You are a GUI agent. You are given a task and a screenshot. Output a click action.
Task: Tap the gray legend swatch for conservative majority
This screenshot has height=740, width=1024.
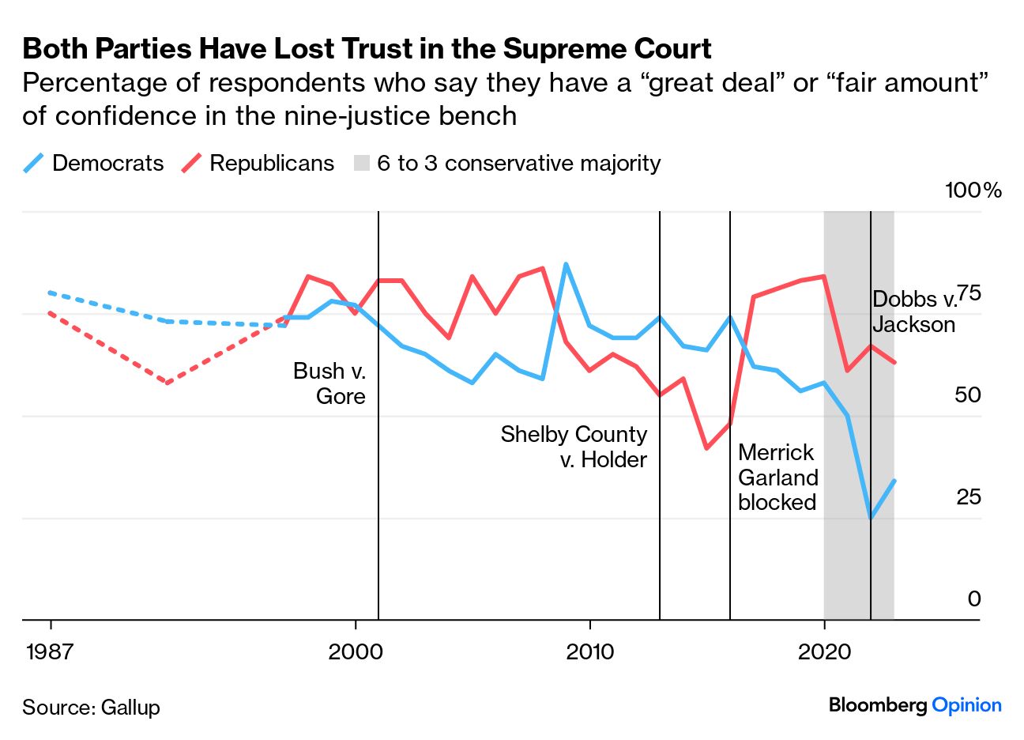[362, 164]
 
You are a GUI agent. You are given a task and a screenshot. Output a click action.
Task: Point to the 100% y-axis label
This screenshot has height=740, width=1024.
[973, 191]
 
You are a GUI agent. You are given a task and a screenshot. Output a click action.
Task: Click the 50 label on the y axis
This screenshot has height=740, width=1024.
[968, 395]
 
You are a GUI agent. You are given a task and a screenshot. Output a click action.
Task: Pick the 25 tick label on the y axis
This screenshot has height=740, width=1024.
[968, 497]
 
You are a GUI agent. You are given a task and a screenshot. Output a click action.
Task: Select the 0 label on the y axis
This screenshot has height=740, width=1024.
[974, 599]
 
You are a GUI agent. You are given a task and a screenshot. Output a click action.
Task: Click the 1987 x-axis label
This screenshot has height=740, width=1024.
[50, 651]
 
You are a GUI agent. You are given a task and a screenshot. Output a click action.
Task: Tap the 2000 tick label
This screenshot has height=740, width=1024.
[356, 651]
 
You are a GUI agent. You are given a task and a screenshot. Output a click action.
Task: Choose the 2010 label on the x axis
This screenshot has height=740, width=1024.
[589, 651]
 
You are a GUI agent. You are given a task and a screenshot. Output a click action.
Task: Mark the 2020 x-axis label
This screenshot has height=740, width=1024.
[824, 651]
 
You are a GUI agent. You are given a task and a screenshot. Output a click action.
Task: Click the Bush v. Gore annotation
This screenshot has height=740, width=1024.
[329, 383]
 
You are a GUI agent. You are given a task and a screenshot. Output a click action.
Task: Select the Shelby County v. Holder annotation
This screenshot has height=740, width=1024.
[574, 447]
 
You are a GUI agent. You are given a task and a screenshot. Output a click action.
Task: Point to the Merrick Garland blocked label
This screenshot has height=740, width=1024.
[777, 477]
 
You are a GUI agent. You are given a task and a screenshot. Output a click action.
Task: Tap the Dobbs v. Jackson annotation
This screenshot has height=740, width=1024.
[914, 311]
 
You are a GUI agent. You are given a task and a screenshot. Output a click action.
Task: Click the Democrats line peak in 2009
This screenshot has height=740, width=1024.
[566, 264]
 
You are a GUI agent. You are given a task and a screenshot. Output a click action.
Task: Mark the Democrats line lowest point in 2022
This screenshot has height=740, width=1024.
[871, 518]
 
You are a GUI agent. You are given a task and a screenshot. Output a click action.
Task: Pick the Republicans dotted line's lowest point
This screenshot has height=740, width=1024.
[167, 383]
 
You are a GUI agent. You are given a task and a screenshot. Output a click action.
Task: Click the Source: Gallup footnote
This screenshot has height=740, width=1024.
[91, 707]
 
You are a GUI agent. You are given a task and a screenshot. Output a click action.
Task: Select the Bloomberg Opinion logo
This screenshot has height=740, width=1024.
[915, 705]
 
